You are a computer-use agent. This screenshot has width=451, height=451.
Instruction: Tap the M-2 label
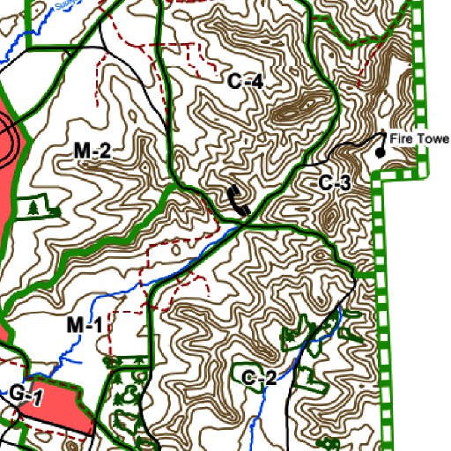pos(92,152)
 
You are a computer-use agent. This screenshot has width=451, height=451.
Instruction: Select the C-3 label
pos(335,183)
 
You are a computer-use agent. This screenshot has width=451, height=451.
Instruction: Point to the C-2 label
pos(260,379)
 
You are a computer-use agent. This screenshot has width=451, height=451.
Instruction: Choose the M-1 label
pos(85,326)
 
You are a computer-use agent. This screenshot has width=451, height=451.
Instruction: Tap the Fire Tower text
pos(418,139)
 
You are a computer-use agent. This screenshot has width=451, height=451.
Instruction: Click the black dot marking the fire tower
pos(381,152)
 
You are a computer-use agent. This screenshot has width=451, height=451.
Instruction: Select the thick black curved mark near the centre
pos(237,202)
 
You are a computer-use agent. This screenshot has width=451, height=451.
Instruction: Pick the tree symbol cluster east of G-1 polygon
pos(123,388)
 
